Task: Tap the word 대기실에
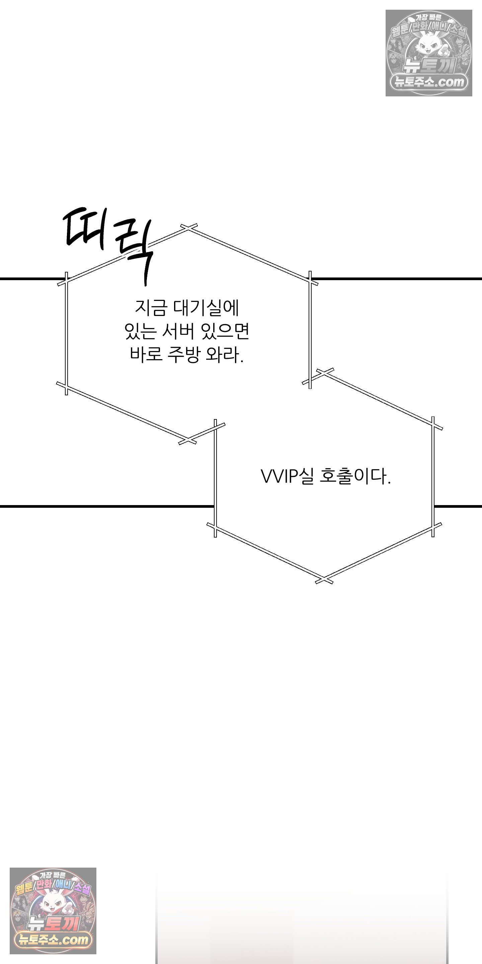pos(206,308)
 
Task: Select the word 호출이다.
pos(355,477)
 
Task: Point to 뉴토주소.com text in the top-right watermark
pos(429,82)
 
